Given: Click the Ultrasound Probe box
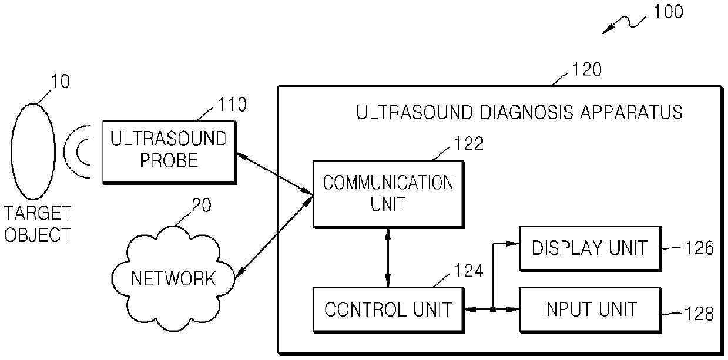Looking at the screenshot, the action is [x=170, y=152].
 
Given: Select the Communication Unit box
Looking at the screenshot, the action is [x=389, y=194].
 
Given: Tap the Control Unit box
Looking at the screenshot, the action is [x=389, y=310].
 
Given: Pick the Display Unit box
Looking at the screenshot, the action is [x=591, y=248].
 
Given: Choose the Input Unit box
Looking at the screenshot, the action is [x=591, y=310].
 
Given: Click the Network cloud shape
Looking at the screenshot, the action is [x=173, y=278].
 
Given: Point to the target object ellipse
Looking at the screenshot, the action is [x=33, y=152].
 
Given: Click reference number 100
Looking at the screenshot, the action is [x=669, y=12].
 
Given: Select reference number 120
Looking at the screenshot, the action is [x=587, y=69].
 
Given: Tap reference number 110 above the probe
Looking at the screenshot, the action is [x=232, y=105].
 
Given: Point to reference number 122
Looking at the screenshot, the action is [x=469, y=144].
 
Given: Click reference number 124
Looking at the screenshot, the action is [x=469, y=270].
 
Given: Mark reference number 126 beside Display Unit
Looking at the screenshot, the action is [x=699, y=248].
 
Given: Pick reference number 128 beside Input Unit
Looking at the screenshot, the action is [x=699, y=314].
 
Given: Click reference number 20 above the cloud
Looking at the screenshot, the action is [x=202, y=205].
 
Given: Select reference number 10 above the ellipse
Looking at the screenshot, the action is [x=60, y=81].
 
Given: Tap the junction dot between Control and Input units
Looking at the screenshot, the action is [x=493, y=310].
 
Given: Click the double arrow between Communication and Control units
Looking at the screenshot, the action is [x=388, y=258].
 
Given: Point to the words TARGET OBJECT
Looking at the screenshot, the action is [x=38, y=224].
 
